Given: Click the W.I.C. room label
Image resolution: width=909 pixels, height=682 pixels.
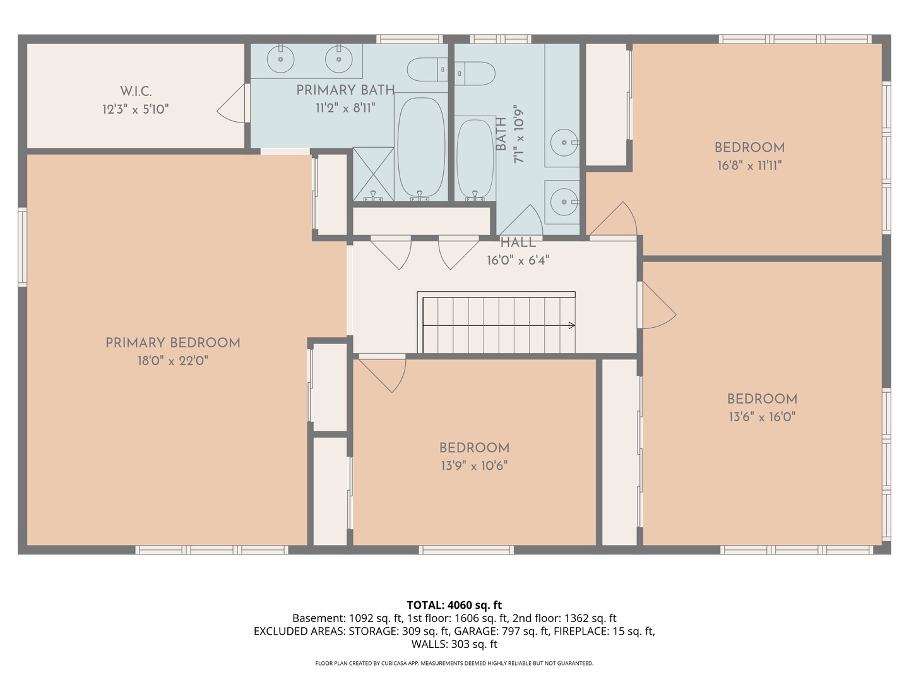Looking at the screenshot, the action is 136,91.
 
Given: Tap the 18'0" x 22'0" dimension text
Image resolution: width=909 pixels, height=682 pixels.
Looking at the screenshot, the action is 173,361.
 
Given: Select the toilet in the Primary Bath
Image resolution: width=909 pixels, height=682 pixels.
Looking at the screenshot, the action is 427,69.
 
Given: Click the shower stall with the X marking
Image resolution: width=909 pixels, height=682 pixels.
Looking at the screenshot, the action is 373,174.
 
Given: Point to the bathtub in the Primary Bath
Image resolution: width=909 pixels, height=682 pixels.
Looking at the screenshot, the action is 421,147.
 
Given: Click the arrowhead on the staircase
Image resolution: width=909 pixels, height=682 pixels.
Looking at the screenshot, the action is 571,325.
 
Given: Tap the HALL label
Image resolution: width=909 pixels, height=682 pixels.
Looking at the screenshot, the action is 518,242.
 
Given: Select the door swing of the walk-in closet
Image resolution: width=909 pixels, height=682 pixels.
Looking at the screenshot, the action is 232,104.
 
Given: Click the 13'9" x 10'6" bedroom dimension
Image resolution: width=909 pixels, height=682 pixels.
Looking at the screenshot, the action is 474,466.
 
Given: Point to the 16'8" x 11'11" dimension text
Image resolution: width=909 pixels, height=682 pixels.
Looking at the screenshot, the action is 749,165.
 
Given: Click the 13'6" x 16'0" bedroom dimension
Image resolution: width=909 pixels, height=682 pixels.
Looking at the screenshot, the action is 763,417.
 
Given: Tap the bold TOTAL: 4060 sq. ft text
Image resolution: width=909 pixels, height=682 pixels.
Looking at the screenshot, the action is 454,605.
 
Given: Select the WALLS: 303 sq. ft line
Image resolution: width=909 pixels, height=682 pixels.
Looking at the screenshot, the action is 454,644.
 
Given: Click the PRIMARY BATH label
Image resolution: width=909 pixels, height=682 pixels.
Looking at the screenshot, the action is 345,90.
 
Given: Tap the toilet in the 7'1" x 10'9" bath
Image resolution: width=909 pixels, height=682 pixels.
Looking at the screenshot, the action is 475,73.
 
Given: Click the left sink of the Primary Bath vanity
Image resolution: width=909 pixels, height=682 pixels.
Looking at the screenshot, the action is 280,59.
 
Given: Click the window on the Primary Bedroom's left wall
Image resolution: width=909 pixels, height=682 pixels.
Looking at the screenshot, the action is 22,247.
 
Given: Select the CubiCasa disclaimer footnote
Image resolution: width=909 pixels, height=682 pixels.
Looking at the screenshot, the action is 454,663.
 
